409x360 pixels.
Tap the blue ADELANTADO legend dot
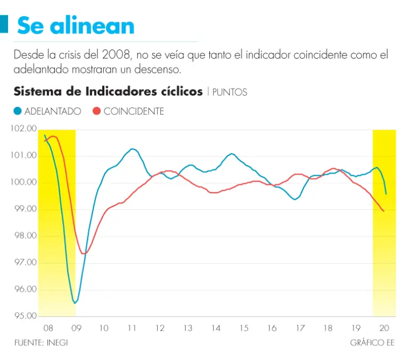[x=18, y=111]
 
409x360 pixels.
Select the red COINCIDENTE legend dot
[x=97, y=111]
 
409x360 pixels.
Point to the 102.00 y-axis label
[x=24, y=129]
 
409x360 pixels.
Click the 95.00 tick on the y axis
[x=24, y=316]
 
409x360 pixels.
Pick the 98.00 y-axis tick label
[x=24, y=236]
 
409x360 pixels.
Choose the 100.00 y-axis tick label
[x=24, y=183]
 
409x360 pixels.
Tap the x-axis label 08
[x=47, y=328]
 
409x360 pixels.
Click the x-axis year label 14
[x=216, y=328]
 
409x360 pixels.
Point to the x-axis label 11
[x=132, y=328]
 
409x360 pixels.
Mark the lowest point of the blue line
[x=75, y=302]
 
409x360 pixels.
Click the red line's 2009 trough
[x=84, y=253]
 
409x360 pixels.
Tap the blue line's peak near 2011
[x=132, y=149]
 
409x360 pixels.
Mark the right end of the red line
[x=384, y=211]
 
